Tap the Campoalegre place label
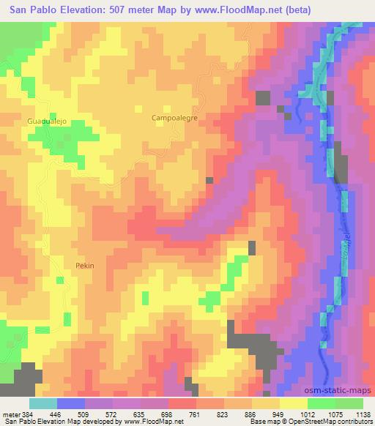click(174, 117)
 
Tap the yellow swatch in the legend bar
click(293, 403)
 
